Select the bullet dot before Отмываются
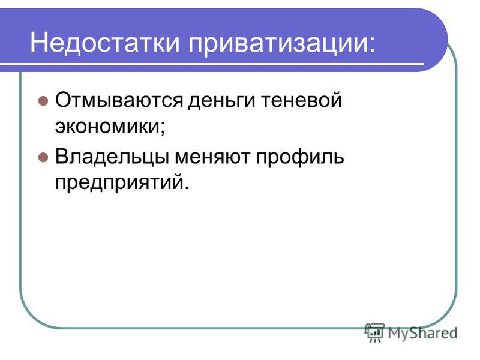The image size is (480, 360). (43, 101)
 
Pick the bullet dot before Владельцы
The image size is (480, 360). (43, 157)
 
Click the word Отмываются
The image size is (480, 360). (119, 100)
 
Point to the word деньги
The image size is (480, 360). (221, 101)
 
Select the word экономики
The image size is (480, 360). (107, 126)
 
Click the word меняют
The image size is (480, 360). (212, 157)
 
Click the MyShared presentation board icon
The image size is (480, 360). (374, 332)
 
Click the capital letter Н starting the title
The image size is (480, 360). (38, 43)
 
